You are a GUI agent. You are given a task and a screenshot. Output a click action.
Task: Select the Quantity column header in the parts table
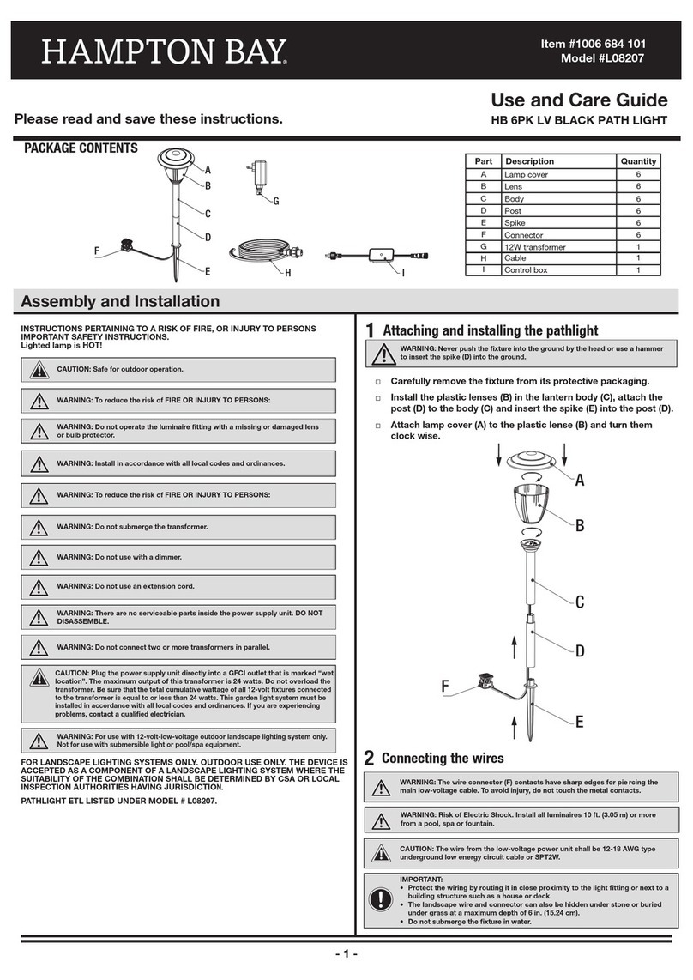pyautogui.click(x=638, y=161)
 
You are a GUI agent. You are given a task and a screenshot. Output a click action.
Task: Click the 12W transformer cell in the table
pyautogui.click(x=535, y=246)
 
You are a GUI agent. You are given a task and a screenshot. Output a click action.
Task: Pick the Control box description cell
pyautogui.click(x=529, y=270)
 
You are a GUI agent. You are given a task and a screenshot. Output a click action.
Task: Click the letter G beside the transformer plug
pyautogui.click(x=276, y=202)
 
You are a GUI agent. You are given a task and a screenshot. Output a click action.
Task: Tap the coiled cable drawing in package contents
pyautogui.click(x=261, y=255)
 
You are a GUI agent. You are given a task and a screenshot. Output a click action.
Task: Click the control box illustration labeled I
pyautogui.click(x=376, y=256)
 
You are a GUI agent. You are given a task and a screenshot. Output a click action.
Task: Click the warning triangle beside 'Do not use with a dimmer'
pyautogui.click(x=39, y=557)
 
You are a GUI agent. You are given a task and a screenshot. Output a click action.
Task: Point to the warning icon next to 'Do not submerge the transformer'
pyautogui.click(x=39, y=526)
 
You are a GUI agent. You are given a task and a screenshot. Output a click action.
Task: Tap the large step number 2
pyautogui.click(x=369, y=759)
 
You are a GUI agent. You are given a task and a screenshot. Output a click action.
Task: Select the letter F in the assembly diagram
pyautogui.click(x=445, y=686)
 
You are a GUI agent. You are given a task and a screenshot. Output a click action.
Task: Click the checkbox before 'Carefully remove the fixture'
pyautogui.click(x=377, y=382)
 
